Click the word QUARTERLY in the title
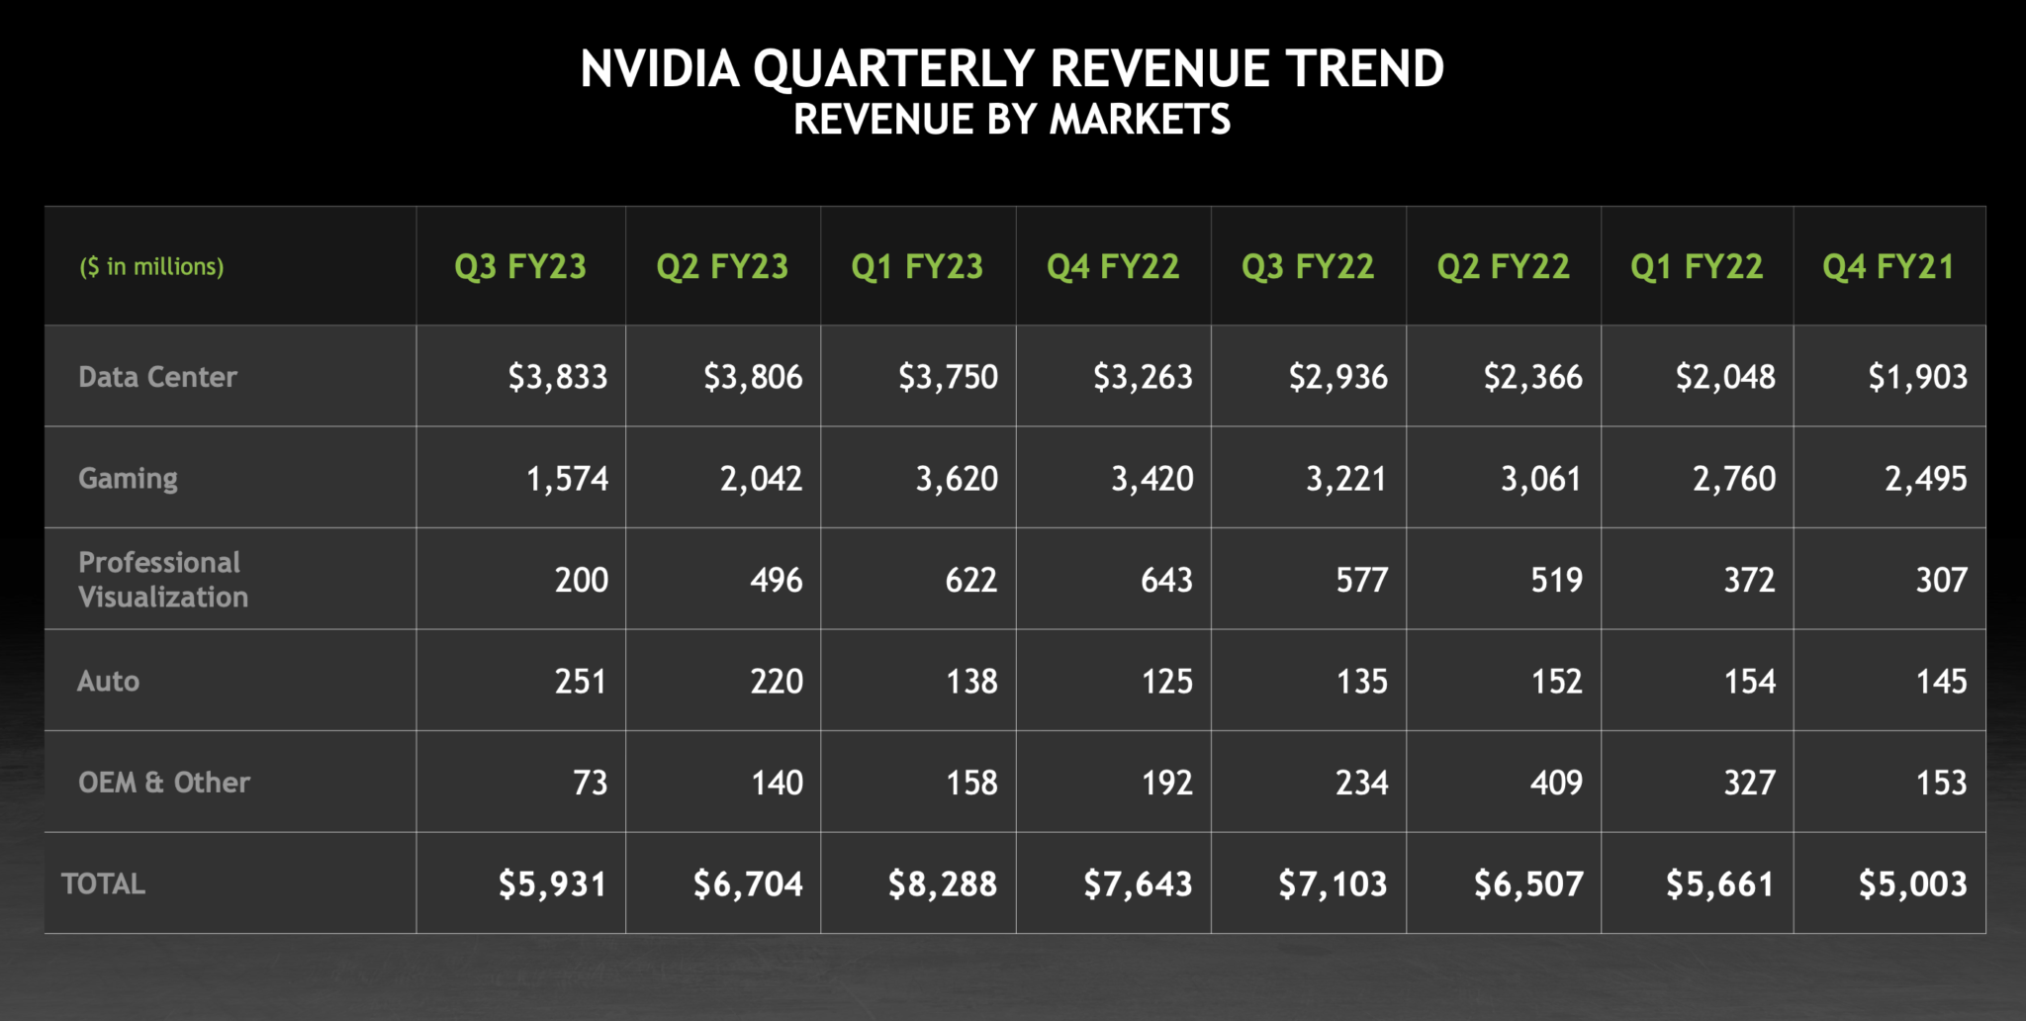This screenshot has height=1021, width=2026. [894, 69]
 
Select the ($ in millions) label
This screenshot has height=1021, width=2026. [151, 266]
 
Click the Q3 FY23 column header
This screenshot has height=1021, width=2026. [520, 266]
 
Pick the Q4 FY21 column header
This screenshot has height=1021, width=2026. [1888, 266]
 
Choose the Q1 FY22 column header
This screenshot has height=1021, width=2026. [1697, 266]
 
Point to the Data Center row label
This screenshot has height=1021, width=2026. [157, 377]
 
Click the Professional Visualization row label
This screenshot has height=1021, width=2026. [162, 580]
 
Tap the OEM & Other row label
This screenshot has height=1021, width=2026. [164, 783]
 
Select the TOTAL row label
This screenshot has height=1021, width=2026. [103, 883]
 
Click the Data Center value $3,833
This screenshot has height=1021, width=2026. [558, 377]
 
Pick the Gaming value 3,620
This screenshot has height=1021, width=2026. [957, 479]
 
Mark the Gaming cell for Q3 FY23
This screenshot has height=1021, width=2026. [567, 479]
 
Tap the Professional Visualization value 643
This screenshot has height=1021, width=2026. [1166, 580]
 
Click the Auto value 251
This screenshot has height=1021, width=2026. [580, 682]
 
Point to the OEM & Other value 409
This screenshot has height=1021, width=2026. [1556, 783]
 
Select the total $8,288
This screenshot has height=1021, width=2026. [943, 883]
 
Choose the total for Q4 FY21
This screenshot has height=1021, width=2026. [1913, 883]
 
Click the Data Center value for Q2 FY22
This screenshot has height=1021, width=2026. [1533, 377]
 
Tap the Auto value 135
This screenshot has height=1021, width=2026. [1361, 682]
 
